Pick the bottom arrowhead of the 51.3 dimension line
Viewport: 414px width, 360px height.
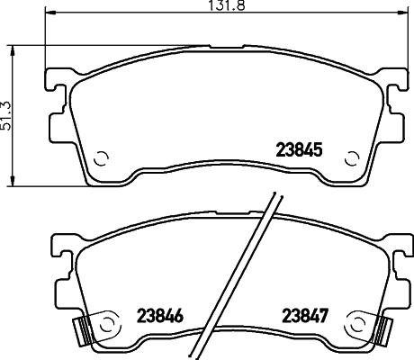point(11,180)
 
